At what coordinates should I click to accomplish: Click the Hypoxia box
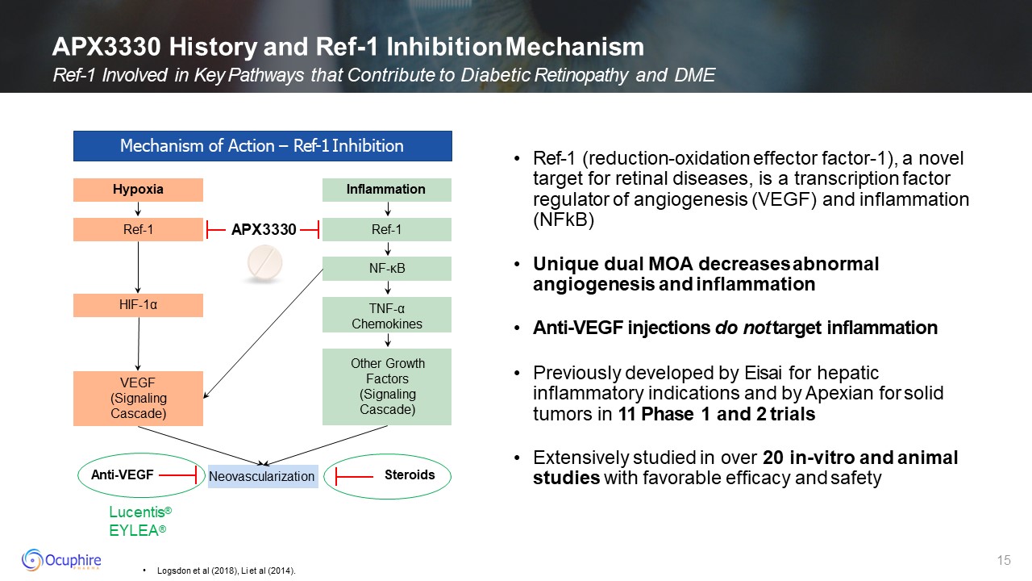click(x=138, y=190)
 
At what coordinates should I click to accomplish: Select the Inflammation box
click(x=386, y=190)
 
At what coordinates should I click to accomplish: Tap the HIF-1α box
click(x=138, y=305)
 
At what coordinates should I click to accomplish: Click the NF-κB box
click(x=386, y=268)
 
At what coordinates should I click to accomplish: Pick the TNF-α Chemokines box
click(x=386, y=315)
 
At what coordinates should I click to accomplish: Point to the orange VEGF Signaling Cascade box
click(x=138, y=398)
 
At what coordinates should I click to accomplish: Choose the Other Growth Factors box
click(x=386, y=387)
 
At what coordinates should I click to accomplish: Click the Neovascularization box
click(x=261, y=476)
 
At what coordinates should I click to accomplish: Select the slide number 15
click(x=1004, y=560)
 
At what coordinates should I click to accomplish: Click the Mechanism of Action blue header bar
click(x=262, y=146)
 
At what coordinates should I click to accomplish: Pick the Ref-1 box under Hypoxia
click(x=138, y=230)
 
